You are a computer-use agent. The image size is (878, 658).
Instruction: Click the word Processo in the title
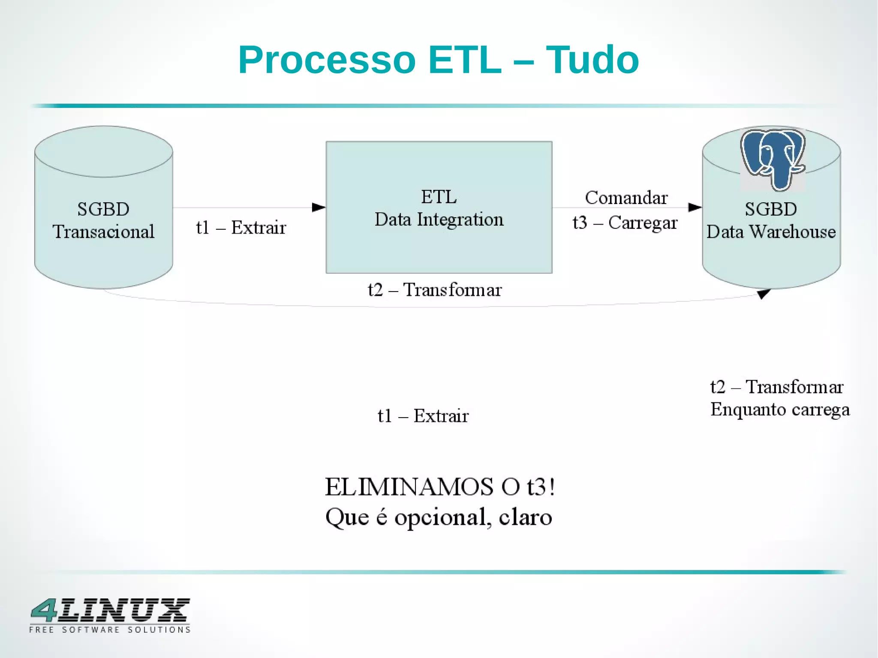tap(327, 60)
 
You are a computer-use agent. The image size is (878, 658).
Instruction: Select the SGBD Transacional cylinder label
tap(103, 220)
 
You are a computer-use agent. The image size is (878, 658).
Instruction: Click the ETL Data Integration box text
tap(439, 208)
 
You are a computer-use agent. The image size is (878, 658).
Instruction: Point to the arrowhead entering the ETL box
tap(319, 207)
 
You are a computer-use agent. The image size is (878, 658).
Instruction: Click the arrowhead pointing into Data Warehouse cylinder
tap(695, 207)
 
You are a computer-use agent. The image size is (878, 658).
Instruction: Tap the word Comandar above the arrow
tap(626, 198)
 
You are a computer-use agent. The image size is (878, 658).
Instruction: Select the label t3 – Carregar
tap(625, 222)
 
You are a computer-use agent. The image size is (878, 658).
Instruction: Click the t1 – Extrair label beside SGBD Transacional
tap(241, 228)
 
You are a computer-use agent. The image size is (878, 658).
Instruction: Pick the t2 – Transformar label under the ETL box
tap(434, 290)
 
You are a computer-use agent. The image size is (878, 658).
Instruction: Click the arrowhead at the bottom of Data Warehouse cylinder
tap(764, 294)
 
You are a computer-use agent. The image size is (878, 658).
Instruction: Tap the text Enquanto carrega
tap(779, 409)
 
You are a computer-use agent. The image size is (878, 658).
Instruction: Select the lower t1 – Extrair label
tap(423, 416)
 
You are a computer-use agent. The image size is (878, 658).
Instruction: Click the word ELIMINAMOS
tap(409, 487)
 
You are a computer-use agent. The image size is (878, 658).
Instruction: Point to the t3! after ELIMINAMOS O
tap(541, 487)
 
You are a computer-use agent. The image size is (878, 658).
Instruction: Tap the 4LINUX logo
tap(110, 610)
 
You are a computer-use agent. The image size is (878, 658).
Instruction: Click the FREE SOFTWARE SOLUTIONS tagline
tap(110, 630)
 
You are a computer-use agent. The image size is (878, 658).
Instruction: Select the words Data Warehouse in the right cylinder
tap(771, 232)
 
